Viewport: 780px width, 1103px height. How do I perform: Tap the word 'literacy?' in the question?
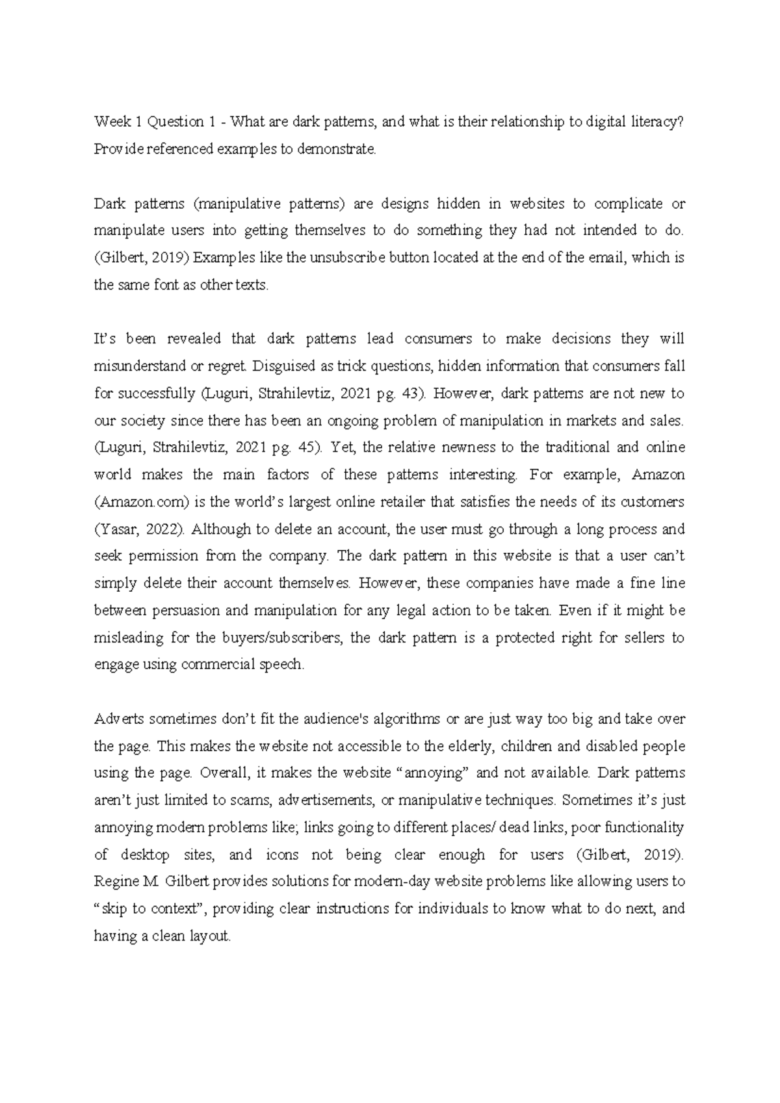point(656,122)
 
